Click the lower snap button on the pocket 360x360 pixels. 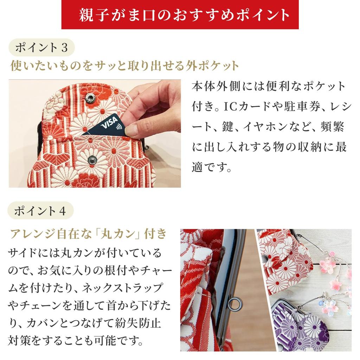(92, 160)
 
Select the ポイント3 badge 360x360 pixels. (41, 47)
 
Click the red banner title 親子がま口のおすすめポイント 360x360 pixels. (180, 15)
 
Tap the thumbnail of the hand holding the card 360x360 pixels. (95, 134)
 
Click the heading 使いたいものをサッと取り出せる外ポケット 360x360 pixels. (124, 66)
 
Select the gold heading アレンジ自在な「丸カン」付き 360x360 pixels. (88, 233)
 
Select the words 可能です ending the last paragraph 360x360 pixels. (121, 340)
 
